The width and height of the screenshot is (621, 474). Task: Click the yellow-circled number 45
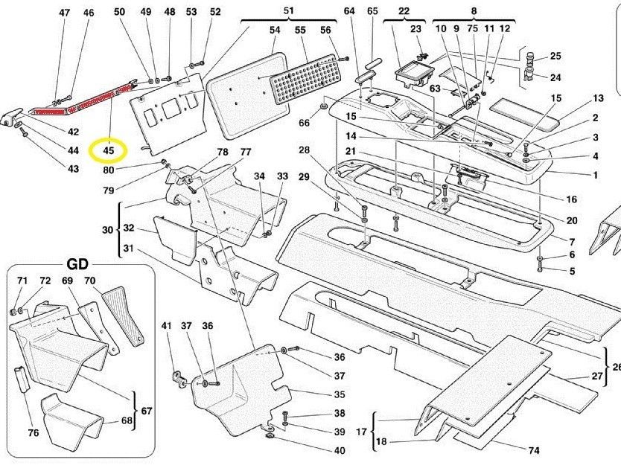pyautogui.click(x=108, y=151)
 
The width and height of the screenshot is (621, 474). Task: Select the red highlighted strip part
pyautogui.click(x=82, y=100)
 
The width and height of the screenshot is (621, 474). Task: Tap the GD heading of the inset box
pyautogui.click(x=77, y=265)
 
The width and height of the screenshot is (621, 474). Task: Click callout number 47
pyautogui.click(x=64, y=13)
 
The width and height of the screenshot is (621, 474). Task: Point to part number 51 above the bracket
pyautogui.click(x=288, y=10)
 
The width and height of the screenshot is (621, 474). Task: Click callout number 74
pyautogui.click(x=534, y=451)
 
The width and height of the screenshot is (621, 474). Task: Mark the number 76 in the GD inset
pyautogui.click(x=33, y=434)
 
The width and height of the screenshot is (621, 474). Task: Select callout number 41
pyautogui.click(x=166, y=326)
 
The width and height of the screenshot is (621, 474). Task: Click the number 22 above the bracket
pyautogui.click(x=404, y=11)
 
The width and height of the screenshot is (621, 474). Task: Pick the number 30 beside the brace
pyautogui.click(x=107, y=230)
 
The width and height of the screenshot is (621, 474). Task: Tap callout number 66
pyautogui.click(x=305, y=123)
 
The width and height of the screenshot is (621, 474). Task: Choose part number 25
pyautogui.click(x=555, y=56)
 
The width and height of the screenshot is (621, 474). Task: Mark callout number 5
pyautogui.click(x=572, y=271)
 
